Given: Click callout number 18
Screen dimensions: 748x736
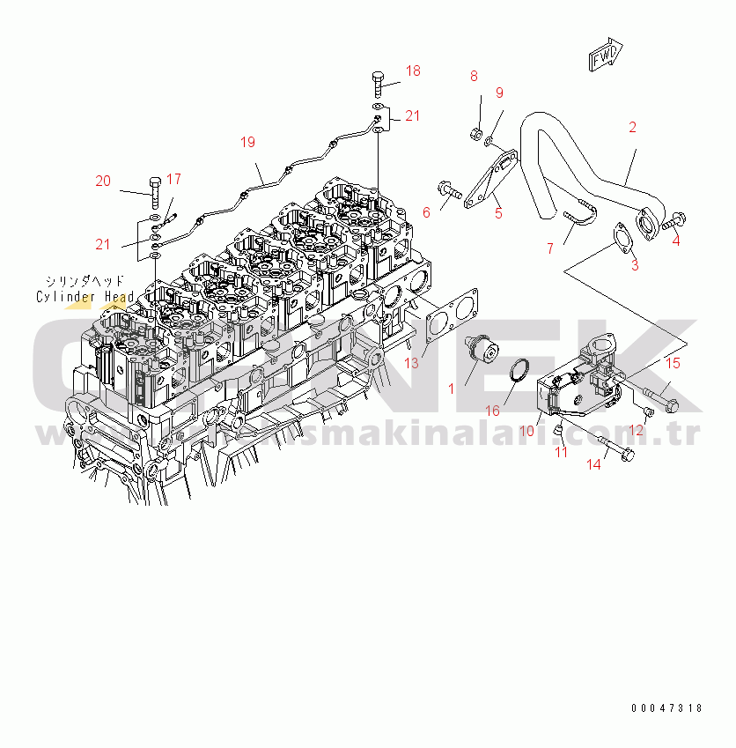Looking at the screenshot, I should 413,70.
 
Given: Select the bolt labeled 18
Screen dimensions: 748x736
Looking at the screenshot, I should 378,85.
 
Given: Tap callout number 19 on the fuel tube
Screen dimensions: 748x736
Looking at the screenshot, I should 247,141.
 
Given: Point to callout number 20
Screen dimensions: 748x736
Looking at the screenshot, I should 104,181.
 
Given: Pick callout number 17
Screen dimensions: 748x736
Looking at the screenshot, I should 173,179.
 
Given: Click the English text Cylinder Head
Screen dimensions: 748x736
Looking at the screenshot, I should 85,297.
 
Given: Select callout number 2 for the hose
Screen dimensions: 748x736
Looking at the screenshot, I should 632,128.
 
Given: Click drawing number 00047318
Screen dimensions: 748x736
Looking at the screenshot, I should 667,707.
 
